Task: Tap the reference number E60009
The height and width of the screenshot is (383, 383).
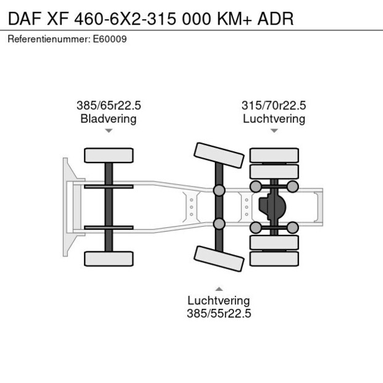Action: click(112, 39)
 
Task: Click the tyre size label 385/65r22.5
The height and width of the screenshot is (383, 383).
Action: click(108, 106)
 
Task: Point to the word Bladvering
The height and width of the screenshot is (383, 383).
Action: click(108, 119)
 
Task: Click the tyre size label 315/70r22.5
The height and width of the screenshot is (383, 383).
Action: click(274, 106)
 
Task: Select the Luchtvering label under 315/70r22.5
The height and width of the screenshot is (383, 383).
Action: click(274, 119)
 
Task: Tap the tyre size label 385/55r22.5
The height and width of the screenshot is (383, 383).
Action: click(219, 313)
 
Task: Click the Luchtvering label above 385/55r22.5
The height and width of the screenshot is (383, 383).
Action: click(219, 300)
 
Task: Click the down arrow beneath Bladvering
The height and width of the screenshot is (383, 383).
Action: click(108, 131)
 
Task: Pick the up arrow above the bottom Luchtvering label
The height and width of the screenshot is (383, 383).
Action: click(219, 288)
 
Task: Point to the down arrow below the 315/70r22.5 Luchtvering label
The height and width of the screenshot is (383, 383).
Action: click(274, 131)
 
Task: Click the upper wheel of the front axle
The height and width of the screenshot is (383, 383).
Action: click(109, 155)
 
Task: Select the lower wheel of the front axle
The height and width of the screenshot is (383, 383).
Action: click(109, 258)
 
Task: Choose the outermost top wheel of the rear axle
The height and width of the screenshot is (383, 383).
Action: click(274, 155)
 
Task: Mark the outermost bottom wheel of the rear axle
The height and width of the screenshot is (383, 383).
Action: click(274, 258)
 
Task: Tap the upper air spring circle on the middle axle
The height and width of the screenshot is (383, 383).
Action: click(219, 190)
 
